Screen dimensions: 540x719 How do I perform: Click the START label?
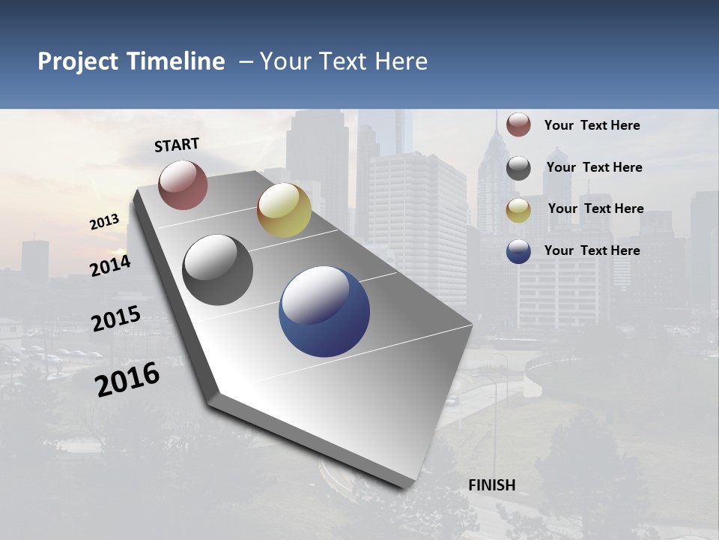tap(177, 145)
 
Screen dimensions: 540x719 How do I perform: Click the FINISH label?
tap(492, 485)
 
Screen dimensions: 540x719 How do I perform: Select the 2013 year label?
tap(104, 222)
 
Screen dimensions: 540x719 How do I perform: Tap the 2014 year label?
tap(111, 265)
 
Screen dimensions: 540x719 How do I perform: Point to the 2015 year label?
tap(116, 319)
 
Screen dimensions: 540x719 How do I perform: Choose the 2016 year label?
tap(127, 379)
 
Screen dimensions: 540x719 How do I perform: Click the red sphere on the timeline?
tap(183, 184)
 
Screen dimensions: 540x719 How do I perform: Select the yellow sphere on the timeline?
tap(284, 210)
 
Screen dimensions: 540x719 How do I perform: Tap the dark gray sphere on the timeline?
tap(218, 270)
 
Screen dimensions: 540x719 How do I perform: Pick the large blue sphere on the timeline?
tap(324, 311)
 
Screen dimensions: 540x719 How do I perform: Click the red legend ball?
tap(518, 124)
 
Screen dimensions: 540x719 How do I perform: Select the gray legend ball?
tap(518, 168)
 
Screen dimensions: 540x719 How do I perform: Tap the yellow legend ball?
tap(518, 210)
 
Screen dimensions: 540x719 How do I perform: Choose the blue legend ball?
tap(518, 251)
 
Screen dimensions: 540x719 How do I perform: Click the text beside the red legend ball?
tap(592, 125)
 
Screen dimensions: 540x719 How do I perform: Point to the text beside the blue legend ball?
tap(592, 250)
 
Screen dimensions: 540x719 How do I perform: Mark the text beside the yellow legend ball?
tap(595, 208)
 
